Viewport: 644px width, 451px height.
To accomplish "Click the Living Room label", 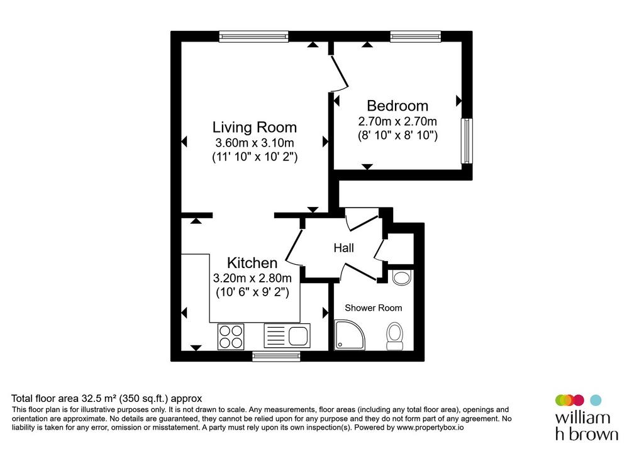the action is [x=254, y=127].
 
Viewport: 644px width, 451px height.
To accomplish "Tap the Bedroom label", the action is [x=397, y=106].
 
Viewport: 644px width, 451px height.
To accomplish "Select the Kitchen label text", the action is [x=252, y=262].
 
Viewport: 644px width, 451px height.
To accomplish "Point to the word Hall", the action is [x=344, y=248].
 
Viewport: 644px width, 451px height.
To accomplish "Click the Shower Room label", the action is [x=374, y=308].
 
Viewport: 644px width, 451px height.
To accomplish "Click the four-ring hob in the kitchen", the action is [x=230, y=337].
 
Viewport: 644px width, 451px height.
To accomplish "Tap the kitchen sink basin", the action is [x=298, y=336].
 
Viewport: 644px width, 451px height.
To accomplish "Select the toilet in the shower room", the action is [x=395, y=337].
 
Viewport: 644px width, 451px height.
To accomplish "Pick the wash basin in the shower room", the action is [x=401, y=277].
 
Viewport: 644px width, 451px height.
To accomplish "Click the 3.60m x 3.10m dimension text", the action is [x=255, y=143].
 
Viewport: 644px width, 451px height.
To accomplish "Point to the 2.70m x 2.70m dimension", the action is [x=397, y=121].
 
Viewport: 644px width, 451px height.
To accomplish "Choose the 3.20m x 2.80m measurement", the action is [x=252, y=278].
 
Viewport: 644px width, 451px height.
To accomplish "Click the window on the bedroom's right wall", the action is [x=467, y=141].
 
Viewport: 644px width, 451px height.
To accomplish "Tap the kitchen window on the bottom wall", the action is [x=276, y=356].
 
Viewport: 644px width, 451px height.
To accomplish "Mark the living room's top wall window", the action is [x=253, y=36].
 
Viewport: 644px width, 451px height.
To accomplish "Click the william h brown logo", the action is [x=586, y=417].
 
